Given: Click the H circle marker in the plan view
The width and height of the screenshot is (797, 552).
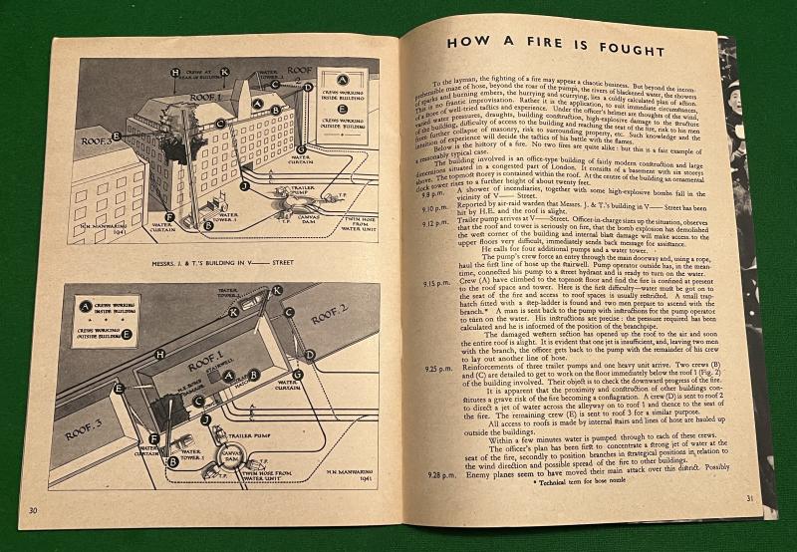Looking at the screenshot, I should [x=159, y=354].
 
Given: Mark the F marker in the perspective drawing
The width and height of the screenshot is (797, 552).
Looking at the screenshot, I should [x=169, y=216].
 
